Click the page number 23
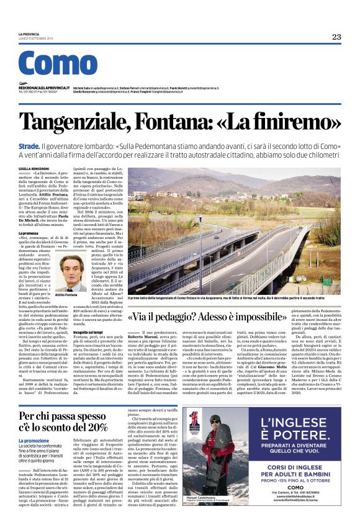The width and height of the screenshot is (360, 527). pyautogui.click(x=336, y=37)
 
